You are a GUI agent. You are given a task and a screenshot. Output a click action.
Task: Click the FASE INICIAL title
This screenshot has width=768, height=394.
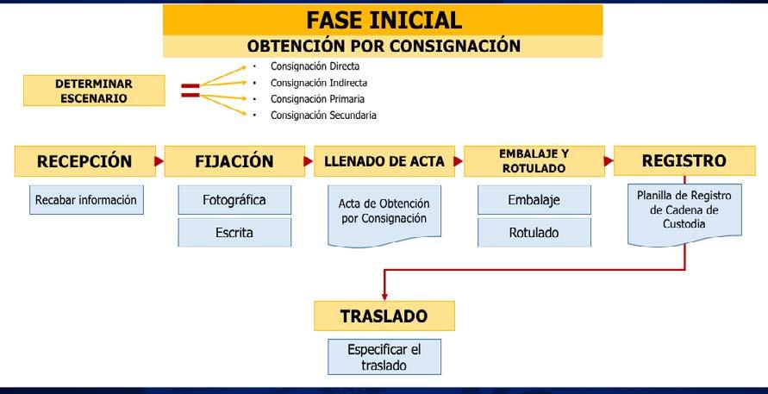[x=383, y=19]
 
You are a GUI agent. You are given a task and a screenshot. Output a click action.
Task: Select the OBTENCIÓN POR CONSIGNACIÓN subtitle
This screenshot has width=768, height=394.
[x=383, y=46]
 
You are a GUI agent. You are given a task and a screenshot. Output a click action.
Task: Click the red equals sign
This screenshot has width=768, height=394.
[x=190, y=91]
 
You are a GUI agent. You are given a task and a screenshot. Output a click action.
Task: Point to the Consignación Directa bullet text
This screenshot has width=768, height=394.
[x=315, y=66]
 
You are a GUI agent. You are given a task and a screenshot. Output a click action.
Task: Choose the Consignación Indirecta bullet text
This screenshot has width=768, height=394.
[x=319, y=83]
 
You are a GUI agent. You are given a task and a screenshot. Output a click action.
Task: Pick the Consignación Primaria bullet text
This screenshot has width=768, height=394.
[x=316, y=99]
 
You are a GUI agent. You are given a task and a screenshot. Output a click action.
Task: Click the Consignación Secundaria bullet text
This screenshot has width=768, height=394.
[x=323, y=115]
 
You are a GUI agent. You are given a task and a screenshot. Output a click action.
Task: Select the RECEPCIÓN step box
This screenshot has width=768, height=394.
[x=83, y=161]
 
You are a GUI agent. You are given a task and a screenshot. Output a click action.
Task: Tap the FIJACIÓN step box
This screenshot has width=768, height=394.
[x=233, y=161]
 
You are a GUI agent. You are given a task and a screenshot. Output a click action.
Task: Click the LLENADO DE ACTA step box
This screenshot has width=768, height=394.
[x=383, y=161]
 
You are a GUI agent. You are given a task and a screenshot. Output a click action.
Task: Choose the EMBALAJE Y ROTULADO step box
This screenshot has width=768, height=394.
[x=533, y=161]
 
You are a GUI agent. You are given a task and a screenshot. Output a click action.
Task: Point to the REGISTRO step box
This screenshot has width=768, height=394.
[x=684, y=161]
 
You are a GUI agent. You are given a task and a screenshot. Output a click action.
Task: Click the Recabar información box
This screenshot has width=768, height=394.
[x=86, y=200]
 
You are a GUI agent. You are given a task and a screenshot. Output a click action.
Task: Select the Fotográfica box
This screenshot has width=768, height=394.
[x=234, y=200]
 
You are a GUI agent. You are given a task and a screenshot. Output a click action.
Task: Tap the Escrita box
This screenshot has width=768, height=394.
[x=234, y=232]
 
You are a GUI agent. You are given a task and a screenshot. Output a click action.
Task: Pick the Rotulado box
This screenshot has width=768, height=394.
[x=534, y=232]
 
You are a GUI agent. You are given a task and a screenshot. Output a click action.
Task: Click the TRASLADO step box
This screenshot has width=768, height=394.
[x=384, y=316]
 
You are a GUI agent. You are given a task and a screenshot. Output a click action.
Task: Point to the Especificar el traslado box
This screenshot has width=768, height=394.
[x=384, y=357]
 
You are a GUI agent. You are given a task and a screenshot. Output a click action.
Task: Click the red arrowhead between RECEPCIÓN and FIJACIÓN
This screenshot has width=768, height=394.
[x=159, y=161]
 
